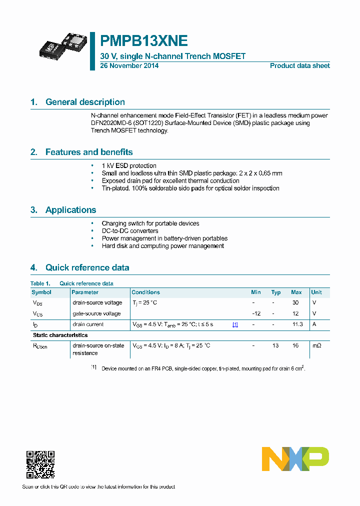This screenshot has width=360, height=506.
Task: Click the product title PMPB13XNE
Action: click(144, 41)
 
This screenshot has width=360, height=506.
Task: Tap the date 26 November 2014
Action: click(129, 66)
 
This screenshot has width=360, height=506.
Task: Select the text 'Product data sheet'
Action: click(299, 66)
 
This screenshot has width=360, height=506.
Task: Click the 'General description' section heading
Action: click(85, 102)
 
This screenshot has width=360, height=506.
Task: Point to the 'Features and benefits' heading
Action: click(89, 152)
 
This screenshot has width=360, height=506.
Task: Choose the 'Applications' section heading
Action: click(70, 210)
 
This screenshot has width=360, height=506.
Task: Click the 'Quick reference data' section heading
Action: click(87, 267)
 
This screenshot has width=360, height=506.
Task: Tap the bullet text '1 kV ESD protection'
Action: click(129, 166)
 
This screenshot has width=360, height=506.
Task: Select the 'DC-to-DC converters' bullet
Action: click(130, 231)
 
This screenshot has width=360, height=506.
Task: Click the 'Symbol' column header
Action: click(41, 292)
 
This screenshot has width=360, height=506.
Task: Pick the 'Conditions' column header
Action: click(145, 292)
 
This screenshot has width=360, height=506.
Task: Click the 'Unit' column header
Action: click(316, 292)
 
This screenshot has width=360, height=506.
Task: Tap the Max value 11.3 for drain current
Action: click(297, 324)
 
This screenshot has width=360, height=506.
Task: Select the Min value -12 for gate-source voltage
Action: click(256, 314)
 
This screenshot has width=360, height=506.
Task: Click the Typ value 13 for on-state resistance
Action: click(275, 346)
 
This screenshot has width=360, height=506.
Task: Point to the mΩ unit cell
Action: click(316, 346)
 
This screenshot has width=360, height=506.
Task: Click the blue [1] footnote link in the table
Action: click(235, 325)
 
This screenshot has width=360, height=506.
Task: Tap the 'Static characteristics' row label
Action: click(60, 335)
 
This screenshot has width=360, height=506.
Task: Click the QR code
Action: click(40, 464)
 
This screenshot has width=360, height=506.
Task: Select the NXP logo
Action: click(295, 459)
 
